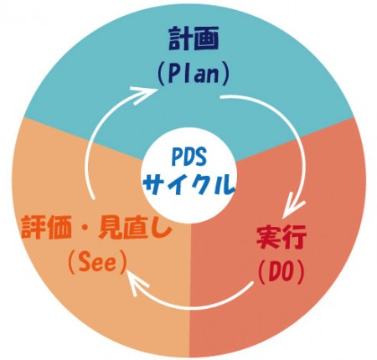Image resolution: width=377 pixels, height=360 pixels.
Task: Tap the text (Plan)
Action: click(194, 75)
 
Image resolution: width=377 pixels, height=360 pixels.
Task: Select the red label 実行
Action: click(281, 238)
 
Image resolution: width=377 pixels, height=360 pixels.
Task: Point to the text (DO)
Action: click(281, 273)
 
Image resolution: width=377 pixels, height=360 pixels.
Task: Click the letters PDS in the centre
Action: click(188, 157)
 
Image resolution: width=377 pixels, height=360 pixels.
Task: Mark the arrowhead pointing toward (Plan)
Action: click(143, 94)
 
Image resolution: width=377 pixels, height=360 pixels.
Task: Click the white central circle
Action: click(188, 172)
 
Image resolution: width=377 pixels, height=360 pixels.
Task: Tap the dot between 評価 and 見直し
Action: click(85, 229)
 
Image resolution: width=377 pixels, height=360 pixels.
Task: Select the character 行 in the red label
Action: click(295, 238)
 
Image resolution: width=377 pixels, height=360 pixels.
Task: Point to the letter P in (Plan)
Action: click(174, 75)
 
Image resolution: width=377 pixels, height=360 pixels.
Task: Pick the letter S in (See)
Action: click(84, 262)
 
